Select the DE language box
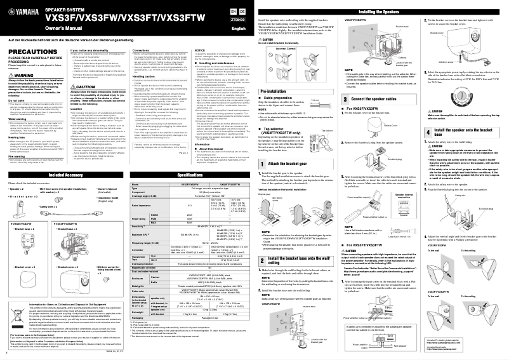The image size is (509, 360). point(243,11)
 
